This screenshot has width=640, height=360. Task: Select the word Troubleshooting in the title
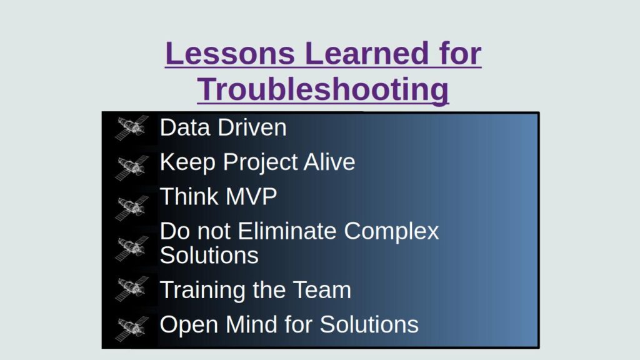click(323, 89)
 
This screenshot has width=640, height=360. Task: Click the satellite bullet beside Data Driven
click(132, 128)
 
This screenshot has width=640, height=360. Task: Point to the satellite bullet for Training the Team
click(132, 288)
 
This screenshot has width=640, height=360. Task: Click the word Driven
click(252, 127)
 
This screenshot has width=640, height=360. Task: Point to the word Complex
click(392, 232)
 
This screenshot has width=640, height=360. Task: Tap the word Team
click(323, 290)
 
